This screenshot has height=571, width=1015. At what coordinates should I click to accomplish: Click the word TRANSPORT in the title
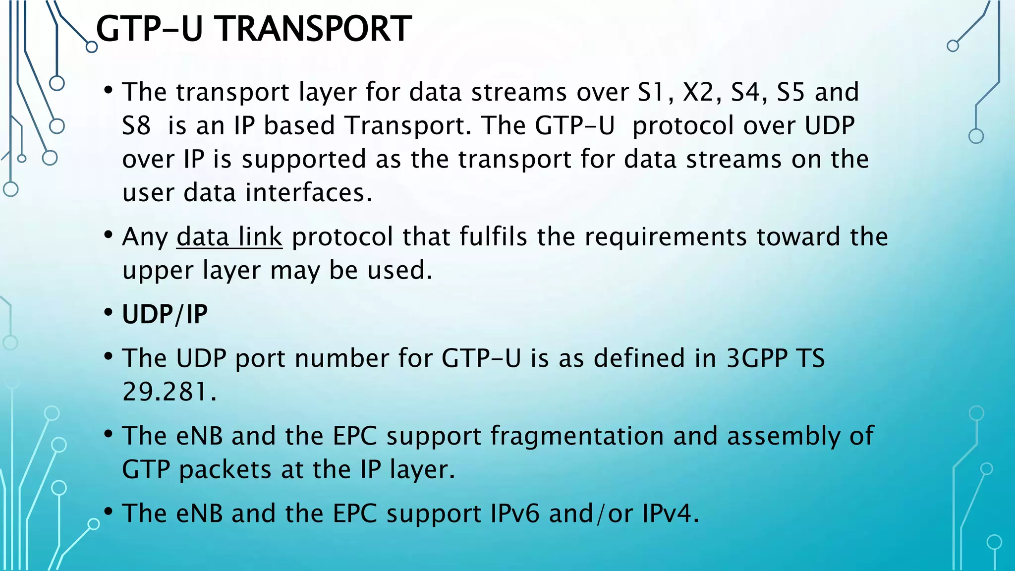tap(315, 29)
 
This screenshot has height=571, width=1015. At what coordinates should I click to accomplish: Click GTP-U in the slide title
tap(149, 29)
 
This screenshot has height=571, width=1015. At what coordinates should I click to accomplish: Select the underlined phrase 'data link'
tap(229, 237)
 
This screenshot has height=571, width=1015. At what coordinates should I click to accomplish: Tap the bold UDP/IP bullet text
tap(165, 314)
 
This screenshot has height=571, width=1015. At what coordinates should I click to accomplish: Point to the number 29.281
tap(169, 392)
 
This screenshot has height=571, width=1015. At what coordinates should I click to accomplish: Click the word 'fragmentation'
tap(577, 436)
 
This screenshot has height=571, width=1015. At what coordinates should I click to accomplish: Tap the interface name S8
tap(136, 125)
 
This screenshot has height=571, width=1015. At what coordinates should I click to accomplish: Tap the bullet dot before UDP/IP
tap(109, 313)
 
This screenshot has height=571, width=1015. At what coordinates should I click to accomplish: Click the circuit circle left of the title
tap(92, 47)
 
